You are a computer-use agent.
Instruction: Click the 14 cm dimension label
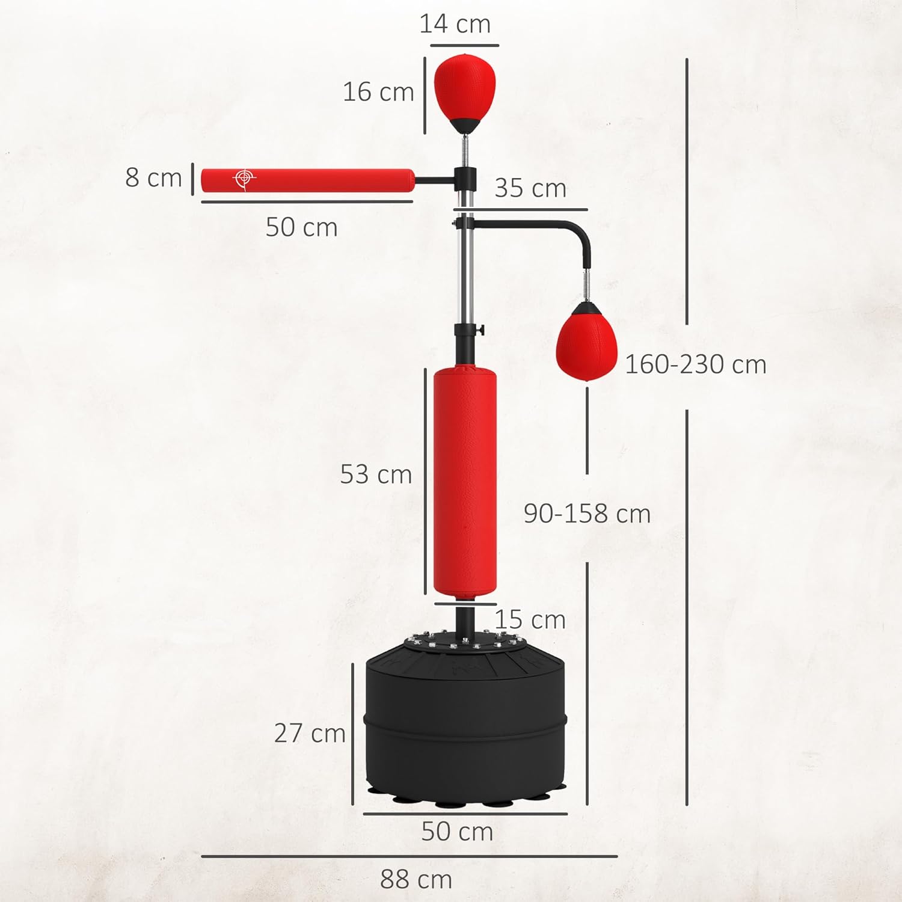(x=455, y=24)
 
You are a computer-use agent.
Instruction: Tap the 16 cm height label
(x=378, y=92)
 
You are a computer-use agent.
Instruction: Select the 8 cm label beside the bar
(x=153, y=178)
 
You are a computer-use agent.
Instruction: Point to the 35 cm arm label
(x=530, y=188)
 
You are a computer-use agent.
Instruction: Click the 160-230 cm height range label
(x=696, y=364)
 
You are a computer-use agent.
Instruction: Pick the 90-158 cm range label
(x=587, y=514)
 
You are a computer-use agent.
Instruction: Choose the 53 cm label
(x=376, y=474)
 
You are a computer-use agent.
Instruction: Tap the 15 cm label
(x=530, y=620)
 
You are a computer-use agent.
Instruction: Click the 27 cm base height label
(x=310, y=733)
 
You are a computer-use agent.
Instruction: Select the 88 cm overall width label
(x=416, y=880)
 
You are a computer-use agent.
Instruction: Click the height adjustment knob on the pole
(x=479, y=330)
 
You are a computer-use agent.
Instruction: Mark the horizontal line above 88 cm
(x=409, y=856)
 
